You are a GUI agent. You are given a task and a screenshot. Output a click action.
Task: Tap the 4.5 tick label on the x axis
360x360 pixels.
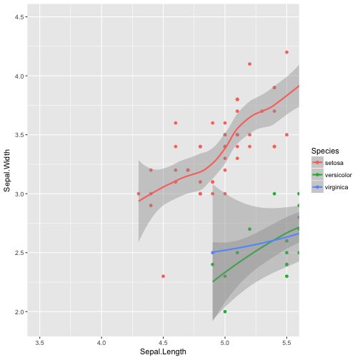pyautogui.click(x=163, y=342)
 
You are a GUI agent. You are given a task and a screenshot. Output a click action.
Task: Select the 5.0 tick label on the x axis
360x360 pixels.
pyautogui.click(x=225, y=342)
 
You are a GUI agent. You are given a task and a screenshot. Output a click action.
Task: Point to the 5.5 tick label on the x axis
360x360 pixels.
pyautogui.click(x=286, y=342)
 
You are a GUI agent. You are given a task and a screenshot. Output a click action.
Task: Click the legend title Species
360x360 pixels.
pyautogui.click(x=324, y=151)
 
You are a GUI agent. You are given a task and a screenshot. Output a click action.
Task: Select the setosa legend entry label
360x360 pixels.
pyautogui.click(x=334, y=164)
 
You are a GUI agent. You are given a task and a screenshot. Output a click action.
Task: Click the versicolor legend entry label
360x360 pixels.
pyautogui.click(x=338, y=176)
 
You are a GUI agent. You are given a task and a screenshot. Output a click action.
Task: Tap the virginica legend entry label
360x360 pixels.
pyautogui.click(x=336, y=188)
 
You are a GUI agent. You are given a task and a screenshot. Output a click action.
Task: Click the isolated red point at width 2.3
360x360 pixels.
pyautogui.click(x=164, y=276)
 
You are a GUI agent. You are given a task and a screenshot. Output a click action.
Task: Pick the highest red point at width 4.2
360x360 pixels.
pyautogui.click(x=286, y=52)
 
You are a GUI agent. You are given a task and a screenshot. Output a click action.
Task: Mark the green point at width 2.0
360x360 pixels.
pyautogui.click(x=225, y=311)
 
